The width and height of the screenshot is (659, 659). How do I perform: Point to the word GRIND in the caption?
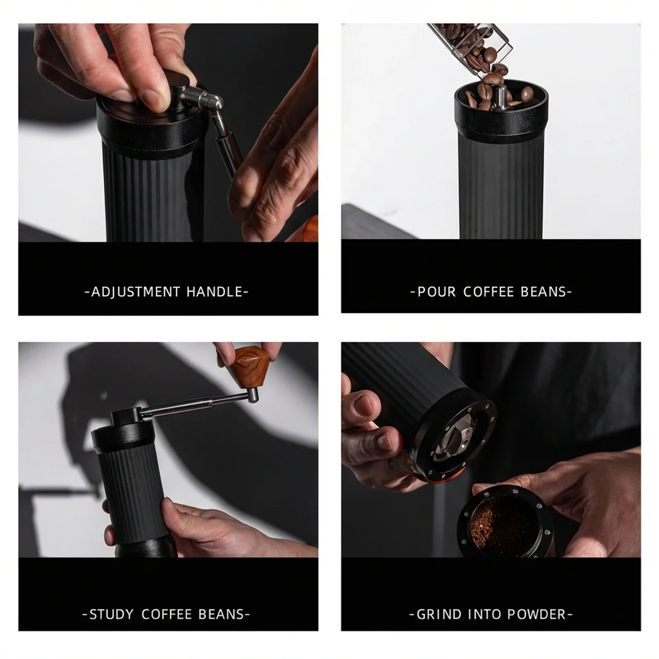[439, 614]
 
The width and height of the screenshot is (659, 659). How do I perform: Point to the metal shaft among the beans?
[500, 98]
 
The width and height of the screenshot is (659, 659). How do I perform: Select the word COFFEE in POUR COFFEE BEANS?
[489, 292]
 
